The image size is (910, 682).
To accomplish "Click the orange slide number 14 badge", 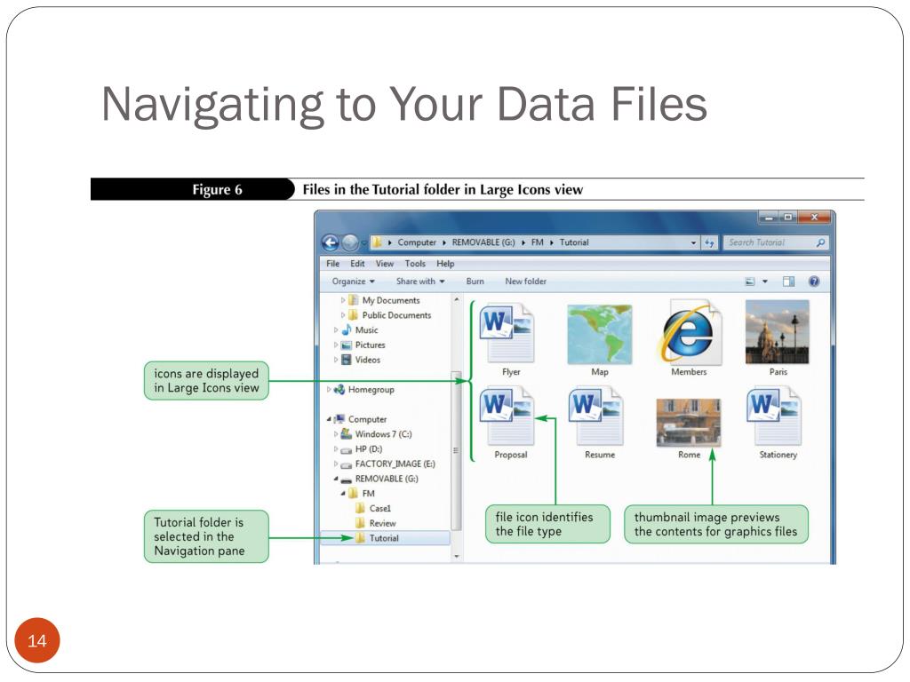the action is click(36, 641).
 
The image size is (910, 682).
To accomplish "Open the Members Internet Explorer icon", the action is click(689, 332).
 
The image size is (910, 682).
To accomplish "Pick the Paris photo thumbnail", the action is click(778, 331).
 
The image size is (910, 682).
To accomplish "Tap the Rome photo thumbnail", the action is click(689, 422).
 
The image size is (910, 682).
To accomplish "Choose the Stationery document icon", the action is click(778, 417).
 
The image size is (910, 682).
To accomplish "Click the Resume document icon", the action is click(600, 417).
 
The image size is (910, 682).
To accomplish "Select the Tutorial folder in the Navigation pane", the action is click(383, 538).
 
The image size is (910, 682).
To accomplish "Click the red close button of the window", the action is click(813, 218).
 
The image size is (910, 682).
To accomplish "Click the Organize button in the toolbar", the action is click(353, 282).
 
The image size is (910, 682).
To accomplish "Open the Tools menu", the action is click(415, 264).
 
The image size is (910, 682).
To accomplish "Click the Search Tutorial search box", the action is click(769, 242).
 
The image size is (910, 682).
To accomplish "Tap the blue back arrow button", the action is click(330, 242).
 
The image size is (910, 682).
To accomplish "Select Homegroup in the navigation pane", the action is click(371, 390).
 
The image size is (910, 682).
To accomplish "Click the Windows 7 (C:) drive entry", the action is click(383, 434).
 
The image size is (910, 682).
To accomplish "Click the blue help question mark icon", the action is click(813, 282).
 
